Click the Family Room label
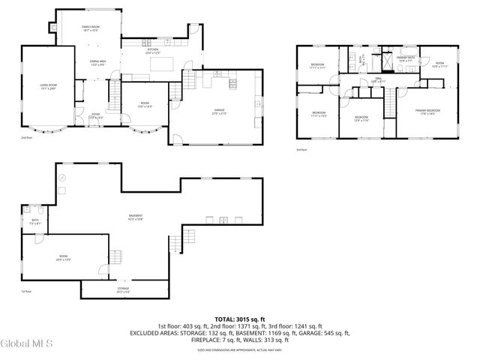pyautogui.click(x=91, y=28)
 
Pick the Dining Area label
pyautogui.click(x=98, y=62)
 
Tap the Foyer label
pyautogui.click(x=96, y=116)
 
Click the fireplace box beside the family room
pyautogui.click(x=54, y=28)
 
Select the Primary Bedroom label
pyautogui.click(x=429, y=112)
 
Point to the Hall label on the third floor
pyautogui.click(x=379, y=80)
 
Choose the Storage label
pyautogui.click(x=123, y=289)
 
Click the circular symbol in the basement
pyautogui.click(x=63, y=177)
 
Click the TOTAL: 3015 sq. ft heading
pyautogui.click(x=239, y=319)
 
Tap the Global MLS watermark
pyautogui.click(x=27, y=343)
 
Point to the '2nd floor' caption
pyautogui.click(x=27, y=139)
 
